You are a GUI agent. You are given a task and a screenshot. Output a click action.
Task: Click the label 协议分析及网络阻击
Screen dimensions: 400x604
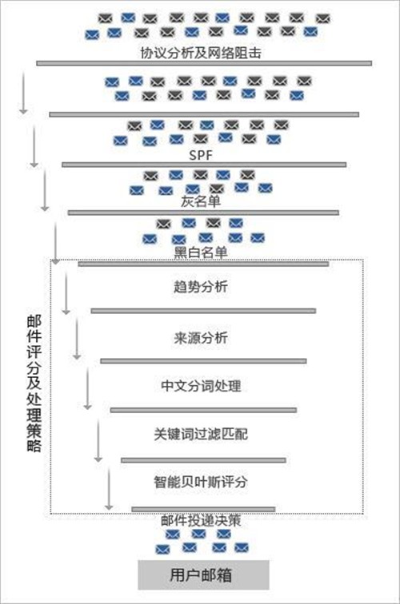point(201,53)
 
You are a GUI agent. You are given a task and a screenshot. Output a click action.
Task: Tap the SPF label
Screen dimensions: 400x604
point(201,155)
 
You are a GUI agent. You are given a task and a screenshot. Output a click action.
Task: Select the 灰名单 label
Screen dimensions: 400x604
point(201,201)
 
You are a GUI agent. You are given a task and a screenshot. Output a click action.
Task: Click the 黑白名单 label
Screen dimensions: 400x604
point(201,252)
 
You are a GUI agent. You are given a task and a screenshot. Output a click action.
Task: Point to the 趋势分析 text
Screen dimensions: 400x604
point(201,287)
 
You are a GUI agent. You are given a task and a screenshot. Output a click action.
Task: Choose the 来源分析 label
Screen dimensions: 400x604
point(201,338)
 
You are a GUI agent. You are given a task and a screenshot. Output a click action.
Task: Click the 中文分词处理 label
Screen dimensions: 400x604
point(201,386)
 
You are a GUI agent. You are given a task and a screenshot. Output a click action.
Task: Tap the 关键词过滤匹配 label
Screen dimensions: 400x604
point(201,434)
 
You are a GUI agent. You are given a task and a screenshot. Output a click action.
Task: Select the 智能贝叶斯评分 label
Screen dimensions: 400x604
point(201,482)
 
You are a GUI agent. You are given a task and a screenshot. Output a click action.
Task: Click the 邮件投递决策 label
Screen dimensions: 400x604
point(201,521)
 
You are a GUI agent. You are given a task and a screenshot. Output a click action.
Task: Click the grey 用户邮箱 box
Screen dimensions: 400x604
point(204,574)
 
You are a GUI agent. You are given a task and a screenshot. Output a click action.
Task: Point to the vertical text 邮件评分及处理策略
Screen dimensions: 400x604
point(34,383)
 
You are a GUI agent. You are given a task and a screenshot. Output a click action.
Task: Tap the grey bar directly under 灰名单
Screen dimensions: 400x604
point(203,213)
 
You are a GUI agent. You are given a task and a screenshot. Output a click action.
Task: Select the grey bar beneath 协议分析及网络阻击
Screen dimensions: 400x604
point(204,63)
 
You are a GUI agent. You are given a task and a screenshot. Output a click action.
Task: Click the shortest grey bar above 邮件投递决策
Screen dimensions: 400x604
point(203,509)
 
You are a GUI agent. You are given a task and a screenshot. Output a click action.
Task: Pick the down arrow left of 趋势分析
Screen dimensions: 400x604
point(66,293)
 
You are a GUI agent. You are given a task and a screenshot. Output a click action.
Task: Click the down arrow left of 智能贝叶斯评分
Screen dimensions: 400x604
point(109,488)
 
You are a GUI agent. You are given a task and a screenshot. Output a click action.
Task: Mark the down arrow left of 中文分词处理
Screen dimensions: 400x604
point(87,388)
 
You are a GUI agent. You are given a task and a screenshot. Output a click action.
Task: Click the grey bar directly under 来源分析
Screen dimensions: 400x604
point(203,361)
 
